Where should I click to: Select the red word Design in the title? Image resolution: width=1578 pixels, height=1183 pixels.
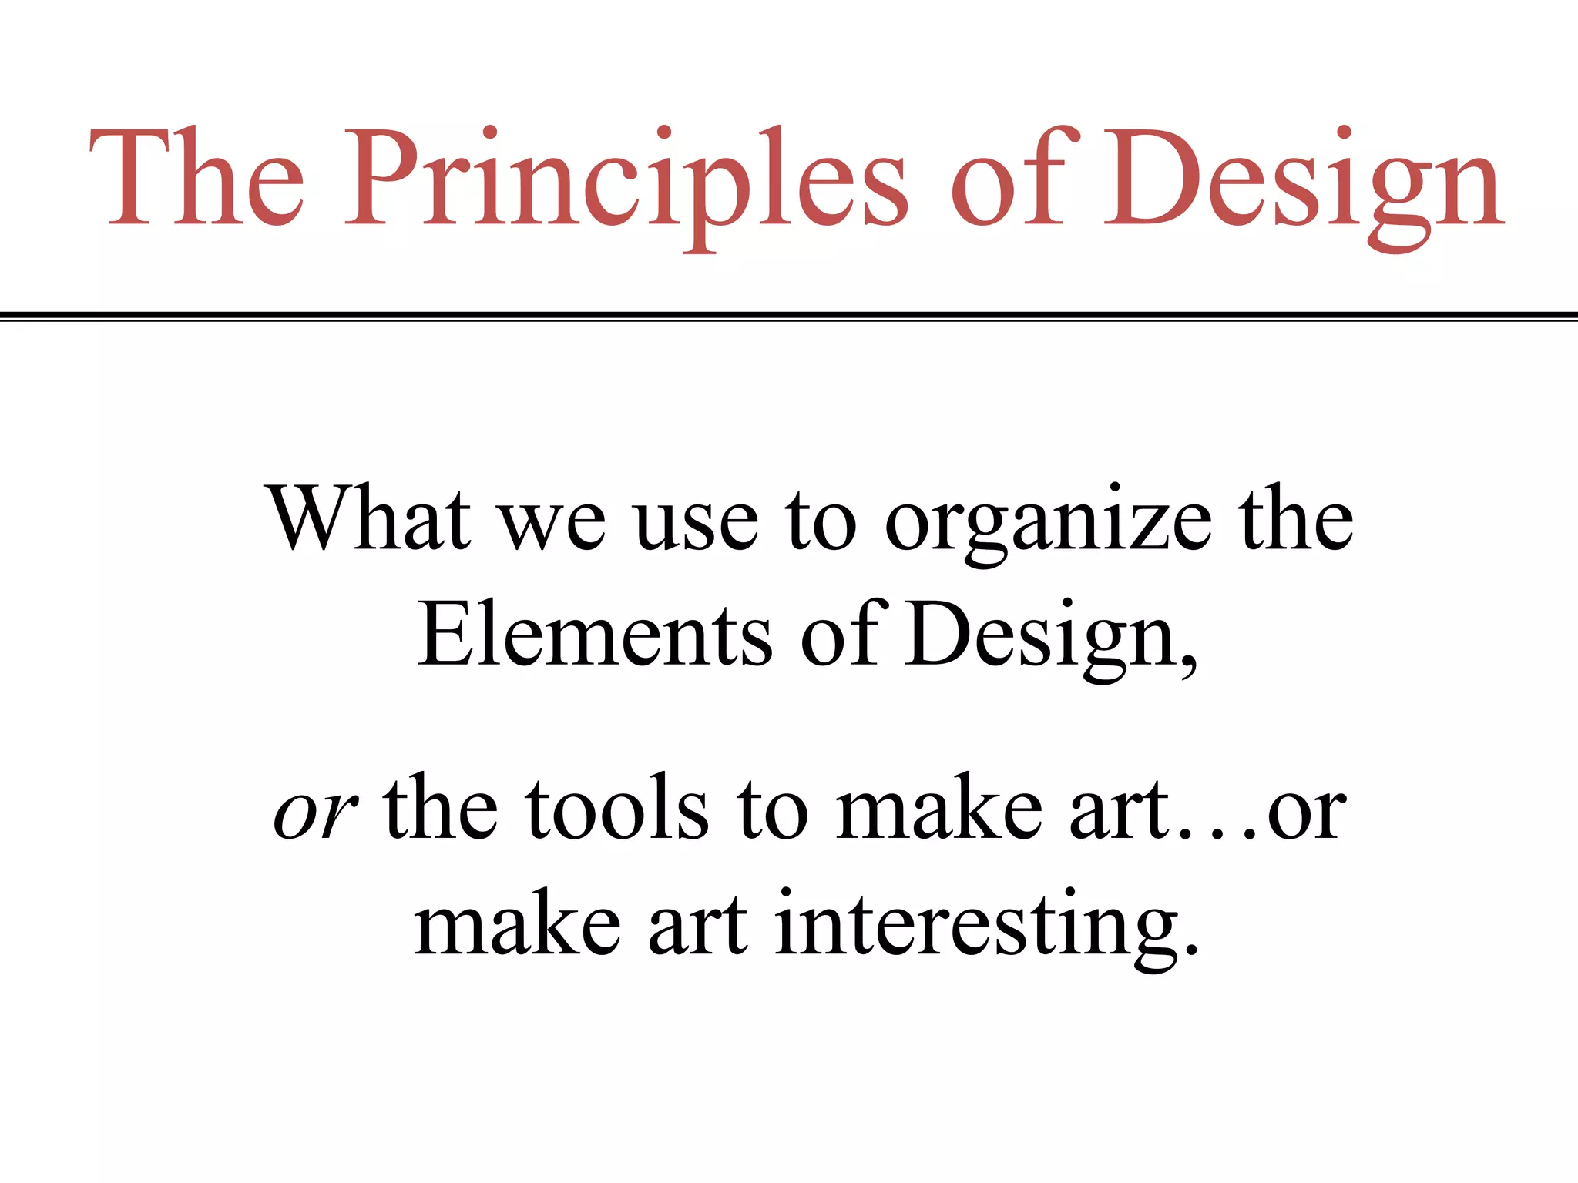click(1302, 181)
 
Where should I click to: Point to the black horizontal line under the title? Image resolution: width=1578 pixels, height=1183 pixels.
click(789, 315)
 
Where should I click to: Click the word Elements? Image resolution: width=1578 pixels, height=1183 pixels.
click(594, 636)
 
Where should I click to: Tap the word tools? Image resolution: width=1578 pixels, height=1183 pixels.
click(617, 809)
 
